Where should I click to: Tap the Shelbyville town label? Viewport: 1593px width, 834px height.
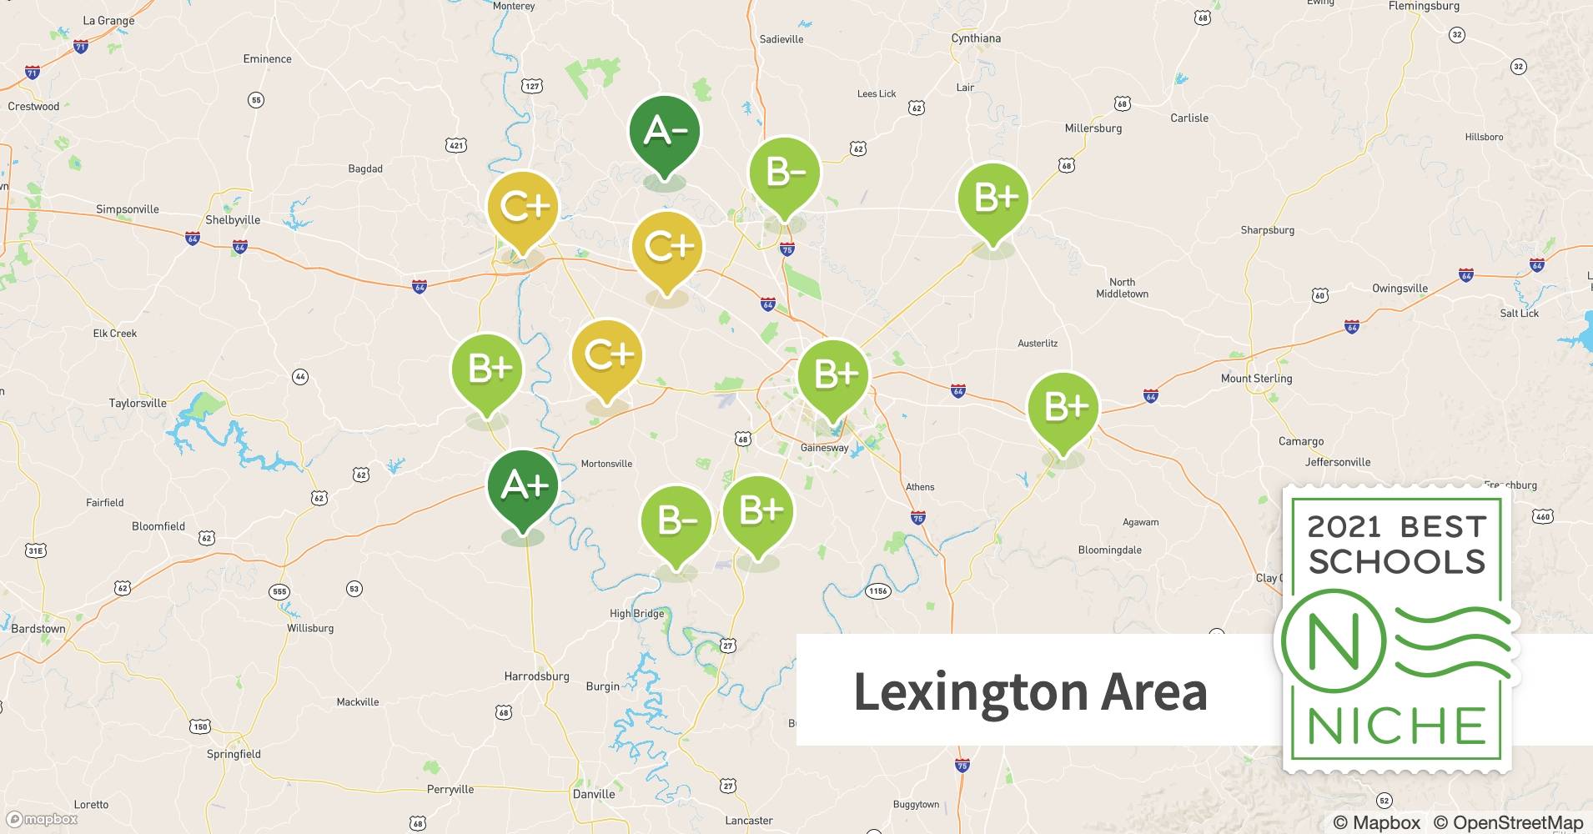[x=233, y=220]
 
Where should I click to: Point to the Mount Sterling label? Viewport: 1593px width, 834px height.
[x=1256, y=379]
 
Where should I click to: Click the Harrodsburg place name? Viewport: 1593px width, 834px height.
[x=536, y=676]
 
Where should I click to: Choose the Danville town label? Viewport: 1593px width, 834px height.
[x=594, y=794]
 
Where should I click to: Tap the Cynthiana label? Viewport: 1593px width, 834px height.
[x=976, y=38]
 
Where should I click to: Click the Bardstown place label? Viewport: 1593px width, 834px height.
[x=38, y=629]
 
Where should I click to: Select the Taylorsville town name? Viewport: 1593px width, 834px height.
[x=138, y=403]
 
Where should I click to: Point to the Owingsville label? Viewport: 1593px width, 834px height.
[x=1400, y=289]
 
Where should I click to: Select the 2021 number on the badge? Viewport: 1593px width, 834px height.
[x=1343, y=526]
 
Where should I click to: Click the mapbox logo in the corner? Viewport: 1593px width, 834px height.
[x=42, y=819]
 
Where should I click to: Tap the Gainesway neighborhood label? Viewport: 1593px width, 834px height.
[x=824, y=448]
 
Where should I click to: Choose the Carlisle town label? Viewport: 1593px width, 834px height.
[x=1188, y=118]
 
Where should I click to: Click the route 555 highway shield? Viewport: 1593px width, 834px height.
[x=279, y=592]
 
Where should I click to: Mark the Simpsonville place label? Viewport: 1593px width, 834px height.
[x=128, y=209]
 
